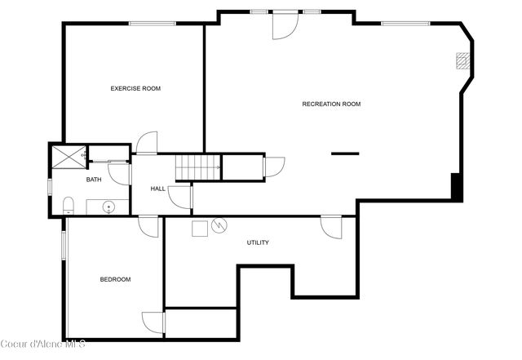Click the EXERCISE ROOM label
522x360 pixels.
pos(135,88)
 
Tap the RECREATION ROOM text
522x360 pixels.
pos(331,104)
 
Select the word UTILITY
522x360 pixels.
pos(258,242)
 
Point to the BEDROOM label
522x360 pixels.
pos(115,279)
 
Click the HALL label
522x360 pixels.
pos(157,189)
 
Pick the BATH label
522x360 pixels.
pos(94,180)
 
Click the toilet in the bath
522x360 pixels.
pos(69,205)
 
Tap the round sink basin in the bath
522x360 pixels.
pos(108,207)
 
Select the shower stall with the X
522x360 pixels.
pos(68,155)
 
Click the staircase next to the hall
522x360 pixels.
pos(198,167)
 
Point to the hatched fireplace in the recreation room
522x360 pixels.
pos(462,60)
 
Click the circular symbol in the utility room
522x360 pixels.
pos(219,226)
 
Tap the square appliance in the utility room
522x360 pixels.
pos(199,228)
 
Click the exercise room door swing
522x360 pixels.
pos(147,144)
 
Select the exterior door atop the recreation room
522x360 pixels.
pos(285,24)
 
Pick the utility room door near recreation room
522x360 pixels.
pos(330,226)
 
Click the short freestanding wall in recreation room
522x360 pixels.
pos(344,153)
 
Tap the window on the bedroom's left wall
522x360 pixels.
pos(64,246)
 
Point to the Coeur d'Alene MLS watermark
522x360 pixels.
pos(42,342)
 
